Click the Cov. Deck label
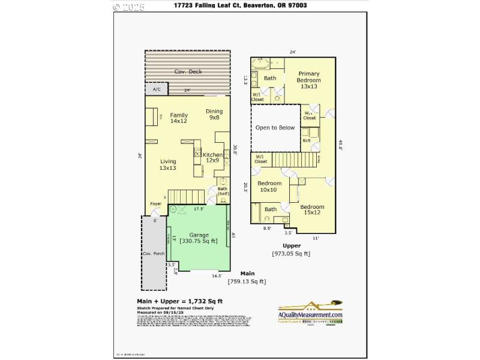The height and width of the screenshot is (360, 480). [x=188, y=72]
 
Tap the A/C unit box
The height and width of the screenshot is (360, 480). [x=157, y=89]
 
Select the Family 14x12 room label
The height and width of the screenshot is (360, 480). [x=179, y=118]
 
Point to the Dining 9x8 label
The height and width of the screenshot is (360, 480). [x=214, y=115]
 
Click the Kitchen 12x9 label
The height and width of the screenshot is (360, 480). [x=213, y=157]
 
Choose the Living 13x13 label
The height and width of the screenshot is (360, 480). [x=167, y=164]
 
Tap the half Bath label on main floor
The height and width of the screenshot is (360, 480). [x=223, y=191]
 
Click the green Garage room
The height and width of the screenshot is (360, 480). [x=199, y=238]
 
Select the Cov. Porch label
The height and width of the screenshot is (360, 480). [x=154, y=254]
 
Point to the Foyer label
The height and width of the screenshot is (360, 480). [x=155, y=203]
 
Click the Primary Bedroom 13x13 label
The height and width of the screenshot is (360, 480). [x=308, y=80]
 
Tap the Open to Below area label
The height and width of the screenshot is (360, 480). [x=275, y=127]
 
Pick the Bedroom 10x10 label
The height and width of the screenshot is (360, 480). [x=269, y=187]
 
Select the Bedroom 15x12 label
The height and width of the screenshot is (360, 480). [x=312, y=211]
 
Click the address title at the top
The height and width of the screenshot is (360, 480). [x=240, y=5]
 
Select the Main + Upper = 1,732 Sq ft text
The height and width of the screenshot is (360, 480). [x=180, y=301]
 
